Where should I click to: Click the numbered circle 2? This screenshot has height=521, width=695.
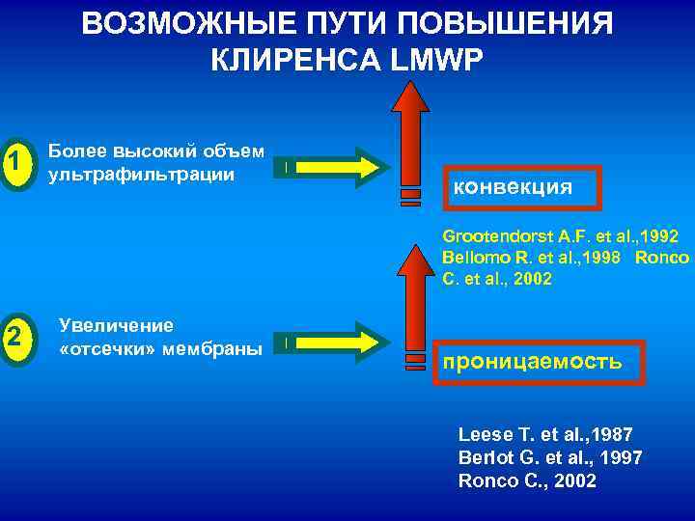click(14, 336)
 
